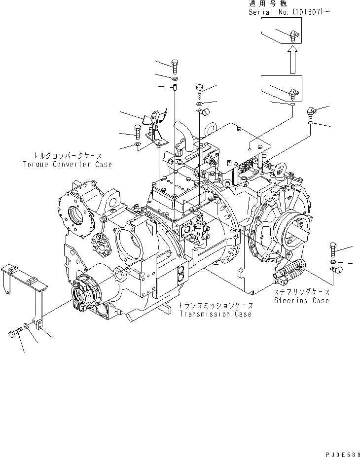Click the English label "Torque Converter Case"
(67, 164)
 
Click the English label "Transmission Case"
(215, 314)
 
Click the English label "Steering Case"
(302, 300)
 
